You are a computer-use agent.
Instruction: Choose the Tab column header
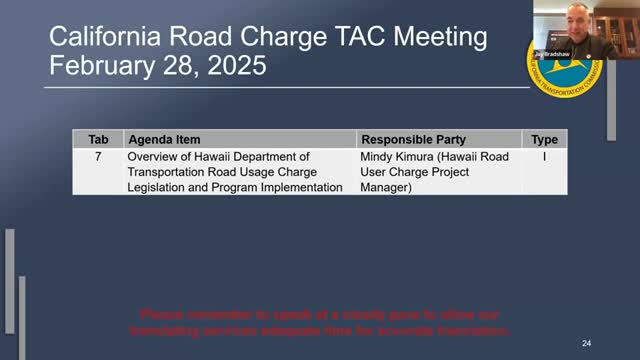[98, 140]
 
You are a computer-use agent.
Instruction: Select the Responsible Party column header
[413, 140]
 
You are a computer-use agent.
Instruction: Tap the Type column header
[544, 140]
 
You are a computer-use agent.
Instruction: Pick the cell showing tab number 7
[98, 157]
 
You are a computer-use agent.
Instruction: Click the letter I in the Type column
[544, 157]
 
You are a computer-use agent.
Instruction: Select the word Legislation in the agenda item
[160, 187]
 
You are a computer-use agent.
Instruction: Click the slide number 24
[587, 343]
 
